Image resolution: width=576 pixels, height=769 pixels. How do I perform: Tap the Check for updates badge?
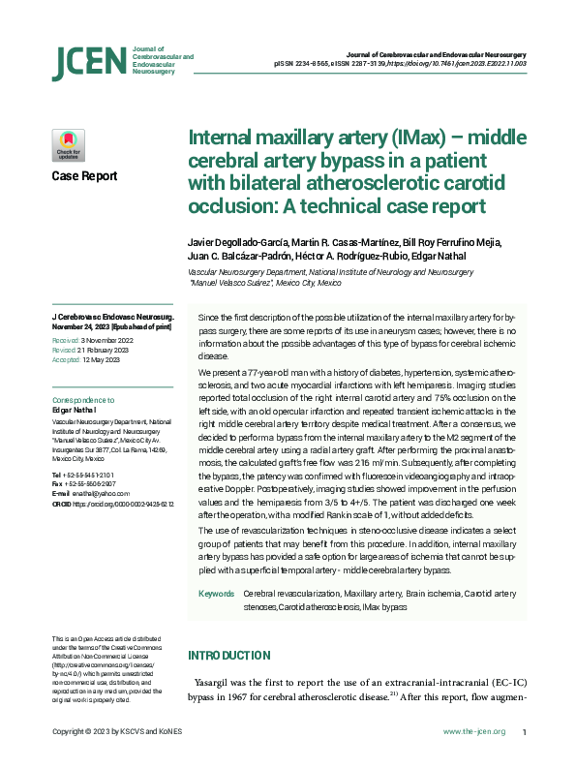coord(68,145)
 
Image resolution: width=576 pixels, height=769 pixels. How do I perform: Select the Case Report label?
coord(84,176)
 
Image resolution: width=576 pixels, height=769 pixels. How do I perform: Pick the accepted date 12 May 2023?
coord(101,358)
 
